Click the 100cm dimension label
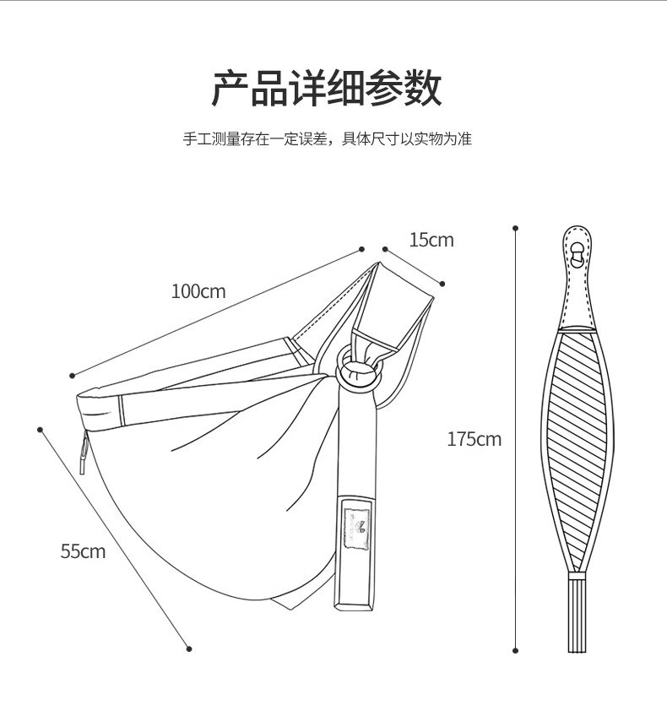pos(198,291)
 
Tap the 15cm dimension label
pos(431,240)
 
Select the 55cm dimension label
pos(84,551)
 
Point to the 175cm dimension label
pos(474,439)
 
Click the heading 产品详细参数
pos(327,88)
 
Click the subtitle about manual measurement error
pos(328,139)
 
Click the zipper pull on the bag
pos(84,452)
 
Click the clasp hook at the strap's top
pos(577,255)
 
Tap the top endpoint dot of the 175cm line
pos(515,229)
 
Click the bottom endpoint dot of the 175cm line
pos(515,651)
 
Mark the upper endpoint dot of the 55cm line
pos(40,430)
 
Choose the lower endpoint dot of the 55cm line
pos(189,648)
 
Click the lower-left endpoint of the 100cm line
pos(72,376)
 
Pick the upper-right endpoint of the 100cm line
pos(361,249)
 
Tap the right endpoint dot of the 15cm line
pos(442,283)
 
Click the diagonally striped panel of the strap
pos(578,450)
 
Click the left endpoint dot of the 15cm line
pos(385,249)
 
